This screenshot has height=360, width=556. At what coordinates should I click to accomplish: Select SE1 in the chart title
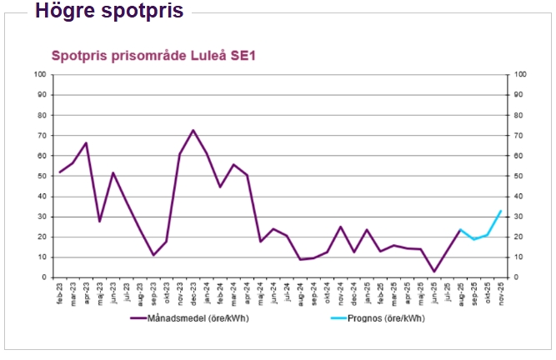(x=246, y=56)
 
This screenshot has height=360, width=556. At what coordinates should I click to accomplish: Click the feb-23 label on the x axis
(x=60, y=290)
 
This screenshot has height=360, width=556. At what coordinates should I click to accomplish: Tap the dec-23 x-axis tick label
(x=193, y=290)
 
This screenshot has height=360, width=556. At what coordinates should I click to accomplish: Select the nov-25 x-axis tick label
(x=500, y=290)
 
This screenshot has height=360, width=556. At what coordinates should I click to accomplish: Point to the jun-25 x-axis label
(x=433, y=290)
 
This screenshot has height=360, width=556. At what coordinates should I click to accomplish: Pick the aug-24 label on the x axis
(x=300, y=290)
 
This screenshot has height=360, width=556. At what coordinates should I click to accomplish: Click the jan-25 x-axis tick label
(x=367, y=290)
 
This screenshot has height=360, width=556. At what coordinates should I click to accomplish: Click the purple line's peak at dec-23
(x=193, y=130)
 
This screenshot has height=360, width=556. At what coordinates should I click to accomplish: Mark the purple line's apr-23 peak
(x=87, y=142)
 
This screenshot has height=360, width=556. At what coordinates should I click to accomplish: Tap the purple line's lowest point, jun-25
(x=433, y=271)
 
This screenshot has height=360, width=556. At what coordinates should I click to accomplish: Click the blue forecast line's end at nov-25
(x=500, y=211)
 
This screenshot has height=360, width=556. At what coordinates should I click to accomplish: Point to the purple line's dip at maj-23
(x=100, y=221)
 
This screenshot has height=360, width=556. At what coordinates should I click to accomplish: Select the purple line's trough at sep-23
(x=153, y=255)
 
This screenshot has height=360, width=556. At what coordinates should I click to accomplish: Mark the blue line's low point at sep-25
(x=473, y=239)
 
